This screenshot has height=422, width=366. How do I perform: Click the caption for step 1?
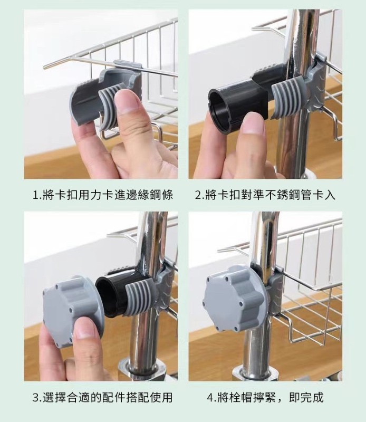point(102,195)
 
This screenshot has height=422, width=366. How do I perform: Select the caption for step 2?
point(265,195)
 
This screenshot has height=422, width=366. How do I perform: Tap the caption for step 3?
point(102,397)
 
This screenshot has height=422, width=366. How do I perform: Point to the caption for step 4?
point(265,397)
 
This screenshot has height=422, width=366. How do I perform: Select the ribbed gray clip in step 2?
point(286,98)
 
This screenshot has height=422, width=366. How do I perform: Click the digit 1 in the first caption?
point(35,195)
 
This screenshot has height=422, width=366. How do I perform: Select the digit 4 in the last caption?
point(210,398)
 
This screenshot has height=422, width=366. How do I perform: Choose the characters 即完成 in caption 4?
point(306,397)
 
